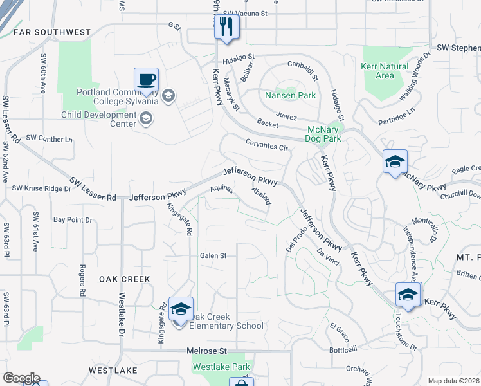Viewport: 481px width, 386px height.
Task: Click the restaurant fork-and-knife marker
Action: click(226, 28)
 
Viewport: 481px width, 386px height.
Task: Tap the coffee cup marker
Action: click(146, 80)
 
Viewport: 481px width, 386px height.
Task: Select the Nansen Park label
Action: click(290, 95)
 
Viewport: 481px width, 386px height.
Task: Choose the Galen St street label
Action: click(213, 255)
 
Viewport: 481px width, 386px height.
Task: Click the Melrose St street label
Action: click(207, 351)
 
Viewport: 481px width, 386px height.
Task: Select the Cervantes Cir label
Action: click(266, 145)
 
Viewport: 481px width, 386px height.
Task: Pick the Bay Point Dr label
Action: click(73, 219)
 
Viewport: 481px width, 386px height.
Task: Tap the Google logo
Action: click(21, 378)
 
